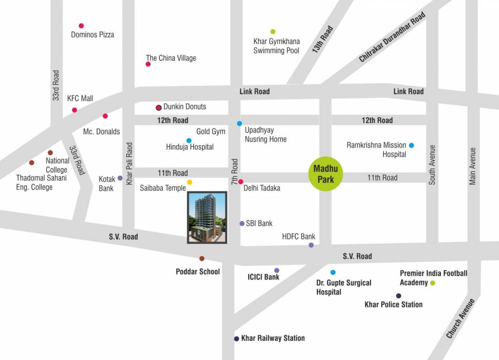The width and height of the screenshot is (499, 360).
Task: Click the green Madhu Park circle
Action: pyautogui.click(x=325, y=173)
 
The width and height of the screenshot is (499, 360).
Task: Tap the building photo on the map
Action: pyautogui.click(x=207, y=217)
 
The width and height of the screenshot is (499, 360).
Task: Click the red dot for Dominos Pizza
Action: pyautogui.click(x=81, y=26)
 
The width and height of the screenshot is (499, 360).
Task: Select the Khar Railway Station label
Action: pyautogui.click(x=272, y=338)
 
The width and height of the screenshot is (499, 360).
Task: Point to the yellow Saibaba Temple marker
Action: pyautogui.click(x=189, y=182)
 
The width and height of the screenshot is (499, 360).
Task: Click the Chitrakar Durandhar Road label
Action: pyautogui.click(x=392, y=37)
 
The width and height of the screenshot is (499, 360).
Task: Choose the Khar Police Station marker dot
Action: pyautogui.click(x=399, y=296)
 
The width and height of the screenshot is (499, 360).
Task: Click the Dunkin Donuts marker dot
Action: pyautogui.click(x=159, y=107)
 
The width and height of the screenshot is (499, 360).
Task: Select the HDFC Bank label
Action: pyautogui.click(x=299, y=236)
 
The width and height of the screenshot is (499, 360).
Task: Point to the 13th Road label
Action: pyautogui.click(x=323, y=39)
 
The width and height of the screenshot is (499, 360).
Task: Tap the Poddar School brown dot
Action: pyautogui.click(x=202, y=258)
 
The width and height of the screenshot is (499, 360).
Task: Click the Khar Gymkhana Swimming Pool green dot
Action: pyautogui.click(x=273, y=31)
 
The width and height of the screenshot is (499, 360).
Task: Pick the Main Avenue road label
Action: pyautogui.click(x=473, y=166)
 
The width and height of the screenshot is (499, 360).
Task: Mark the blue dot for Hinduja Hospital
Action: pyautogui.click(x=189, y=140)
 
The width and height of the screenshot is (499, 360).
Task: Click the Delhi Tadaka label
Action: pyautogui.click(x=262, y=188)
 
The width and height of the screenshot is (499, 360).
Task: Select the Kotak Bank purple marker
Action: pyautogui.click(x=120, y=178)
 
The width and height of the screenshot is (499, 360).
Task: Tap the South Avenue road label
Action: pyautogui.click(x=432, y=165)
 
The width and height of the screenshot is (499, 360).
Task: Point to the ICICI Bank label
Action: pyautogui.click(x=264, y=277)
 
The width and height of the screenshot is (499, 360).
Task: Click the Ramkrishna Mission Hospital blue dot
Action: pyautogui.click(x=411, y=145)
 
